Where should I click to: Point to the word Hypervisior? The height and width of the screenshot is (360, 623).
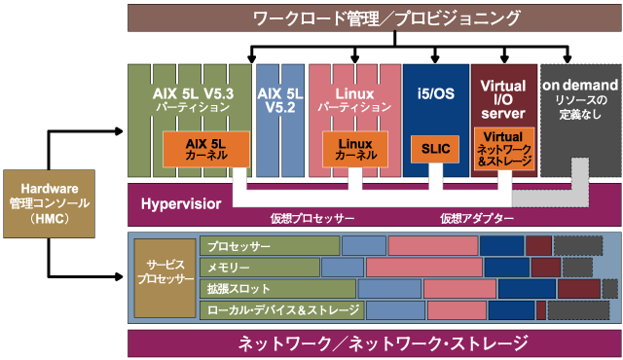pos(180,204)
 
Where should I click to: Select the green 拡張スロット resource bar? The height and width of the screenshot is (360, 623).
pos(277,289)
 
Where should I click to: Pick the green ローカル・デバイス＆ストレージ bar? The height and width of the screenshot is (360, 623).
pos(281,310)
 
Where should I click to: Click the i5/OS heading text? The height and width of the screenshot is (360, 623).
pos(435,93)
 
